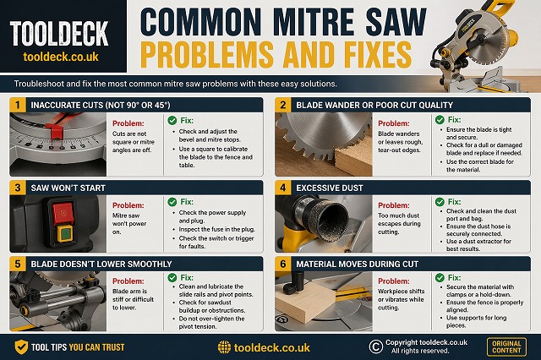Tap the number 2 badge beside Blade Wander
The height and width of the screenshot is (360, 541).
point(284,104)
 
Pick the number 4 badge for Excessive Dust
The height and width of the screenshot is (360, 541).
point(284,184)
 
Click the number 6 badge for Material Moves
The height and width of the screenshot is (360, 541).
point(284,264)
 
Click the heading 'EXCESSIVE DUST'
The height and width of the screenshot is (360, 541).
point(339,184)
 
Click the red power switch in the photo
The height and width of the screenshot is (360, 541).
point(62,210)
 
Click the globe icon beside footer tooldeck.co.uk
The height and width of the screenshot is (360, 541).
point(224,346)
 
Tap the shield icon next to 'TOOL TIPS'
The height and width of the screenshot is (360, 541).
point(21,346)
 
